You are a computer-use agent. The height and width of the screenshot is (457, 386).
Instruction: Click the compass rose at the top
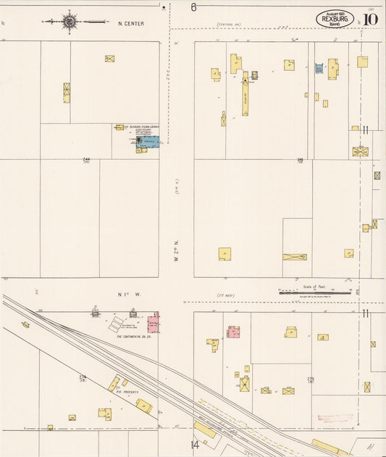click(x=70, y=22)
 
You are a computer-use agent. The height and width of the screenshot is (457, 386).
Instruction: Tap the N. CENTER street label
click(x=131, y=23)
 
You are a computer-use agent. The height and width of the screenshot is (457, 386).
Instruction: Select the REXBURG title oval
click(x=335, y=19)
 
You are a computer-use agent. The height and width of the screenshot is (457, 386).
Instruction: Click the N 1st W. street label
click(x=129, y=294)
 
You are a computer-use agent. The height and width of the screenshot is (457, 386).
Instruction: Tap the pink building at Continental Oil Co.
click(x=154, y=323)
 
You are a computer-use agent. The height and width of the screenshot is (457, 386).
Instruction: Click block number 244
click(x=87, y=160)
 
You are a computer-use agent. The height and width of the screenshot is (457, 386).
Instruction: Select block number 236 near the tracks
click(x=83, y=377)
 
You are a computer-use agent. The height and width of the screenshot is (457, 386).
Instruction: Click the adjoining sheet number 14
click(x=195, y=445)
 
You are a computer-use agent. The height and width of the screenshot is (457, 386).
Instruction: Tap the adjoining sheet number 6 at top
click(x=193, y=7)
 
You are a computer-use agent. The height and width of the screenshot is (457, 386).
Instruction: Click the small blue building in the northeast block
click(x=319, y=69)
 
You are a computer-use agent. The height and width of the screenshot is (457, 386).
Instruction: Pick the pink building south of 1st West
click(x=233, y=332)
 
